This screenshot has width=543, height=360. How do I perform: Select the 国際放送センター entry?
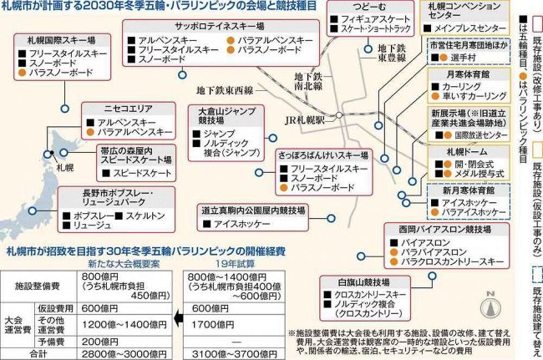(x=480, y=134)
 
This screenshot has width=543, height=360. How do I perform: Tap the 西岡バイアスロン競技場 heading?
(x=434, y=227)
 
